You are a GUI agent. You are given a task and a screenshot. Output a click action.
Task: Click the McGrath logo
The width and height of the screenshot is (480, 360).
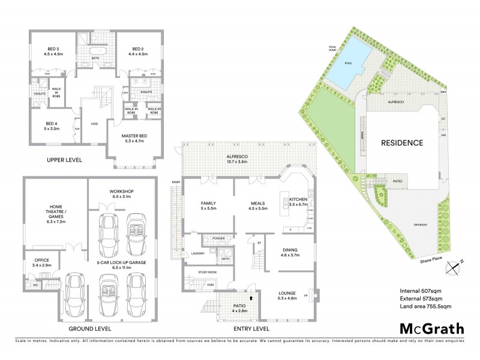click(x=431, y=328)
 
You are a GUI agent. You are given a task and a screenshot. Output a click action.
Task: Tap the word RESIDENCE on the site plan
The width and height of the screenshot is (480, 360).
click(x=402, y=143)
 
